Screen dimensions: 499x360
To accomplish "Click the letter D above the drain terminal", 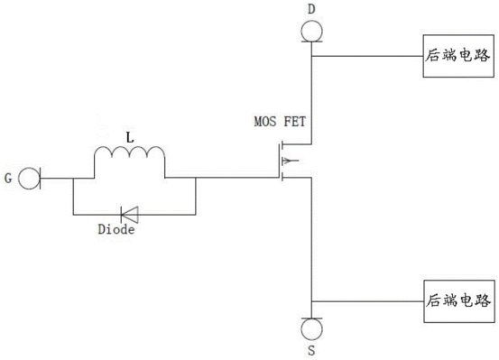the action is [x=311, y=9].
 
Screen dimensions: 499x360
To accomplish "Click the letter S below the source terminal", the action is [x=311, y=350].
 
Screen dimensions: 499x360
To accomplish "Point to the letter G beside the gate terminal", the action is [x=8, y=179].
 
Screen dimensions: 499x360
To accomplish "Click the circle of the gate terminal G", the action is [x=19, y=179].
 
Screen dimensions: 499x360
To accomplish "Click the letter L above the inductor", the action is [x=130, y=138].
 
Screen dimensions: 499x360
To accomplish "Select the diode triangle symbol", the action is [x=129, y=215].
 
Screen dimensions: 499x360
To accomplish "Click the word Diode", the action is [x=116, y=229].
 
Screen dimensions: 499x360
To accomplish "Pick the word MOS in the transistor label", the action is [x=265, y=122].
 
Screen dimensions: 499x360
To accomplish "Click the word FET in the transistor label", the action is [x=295, y=122].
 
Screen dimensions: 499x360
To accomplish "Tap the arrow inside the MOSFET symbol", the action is [x=291, y=161].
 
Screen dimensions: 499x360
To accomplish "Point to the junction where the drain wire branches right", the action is [x=311, y=56].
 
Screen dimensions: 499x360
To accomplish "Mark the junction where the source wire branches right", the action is [x=312, y=301].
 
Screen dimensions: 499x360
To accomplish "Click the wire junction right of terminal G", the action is [x=73, y=179].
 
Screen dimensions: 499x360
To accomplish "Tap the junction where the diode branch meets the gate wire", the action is [x=196, y=178].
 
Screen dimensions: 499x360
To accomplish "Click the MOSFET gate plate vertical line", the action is [x=279, y=161].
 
